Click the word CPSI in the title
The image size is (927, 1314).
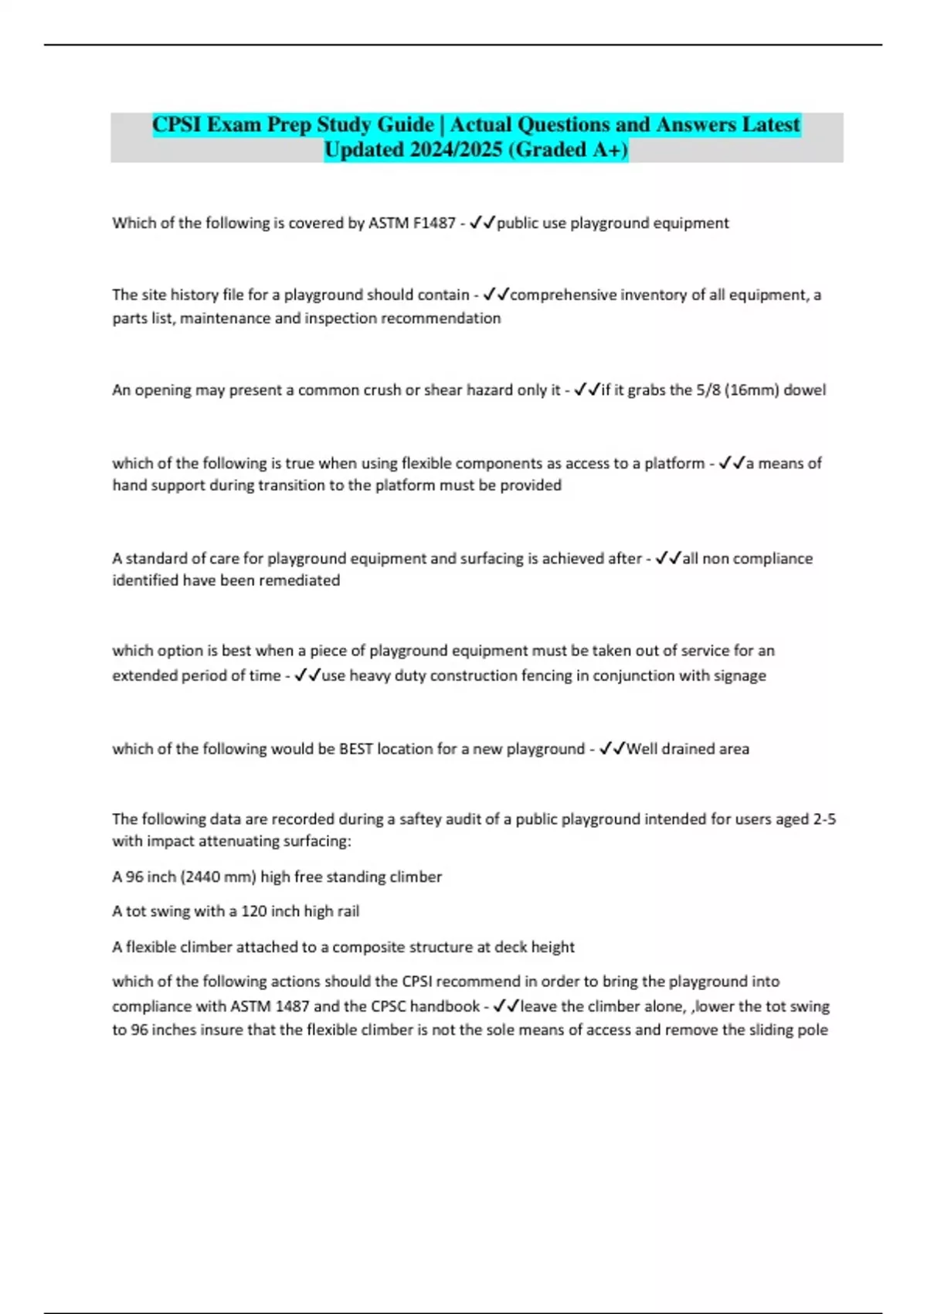177,124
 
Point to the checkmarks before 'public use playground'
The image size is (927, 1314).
482,223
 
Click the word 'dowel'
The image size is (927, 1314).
805,390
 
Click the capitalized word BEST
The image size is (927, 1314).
355,749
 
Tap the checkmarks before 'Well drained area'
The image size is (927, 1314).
612,749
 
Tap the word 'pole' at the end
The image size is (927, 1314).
813,1030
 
